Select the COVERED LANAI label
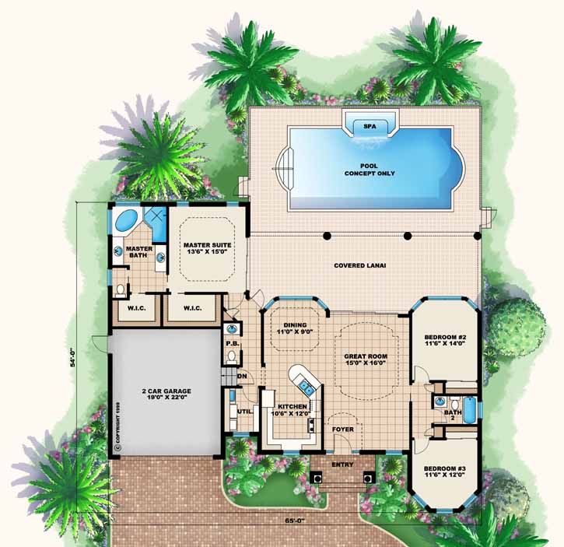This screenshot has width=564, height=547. tap(360, 265)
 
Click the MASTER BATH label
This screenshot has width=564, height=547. tap(138, 253)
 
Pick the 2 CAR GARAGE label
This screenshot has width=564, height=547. tap(166, 394)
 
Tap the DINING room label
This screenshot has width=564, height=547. tap(295, 329)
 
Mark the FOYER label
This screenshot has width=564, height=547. tap(343, 429)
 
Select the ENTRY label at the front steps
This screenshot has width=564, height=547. tap(342, 465)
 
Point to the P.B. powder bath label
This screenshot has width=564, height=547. tap(232, 342)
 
